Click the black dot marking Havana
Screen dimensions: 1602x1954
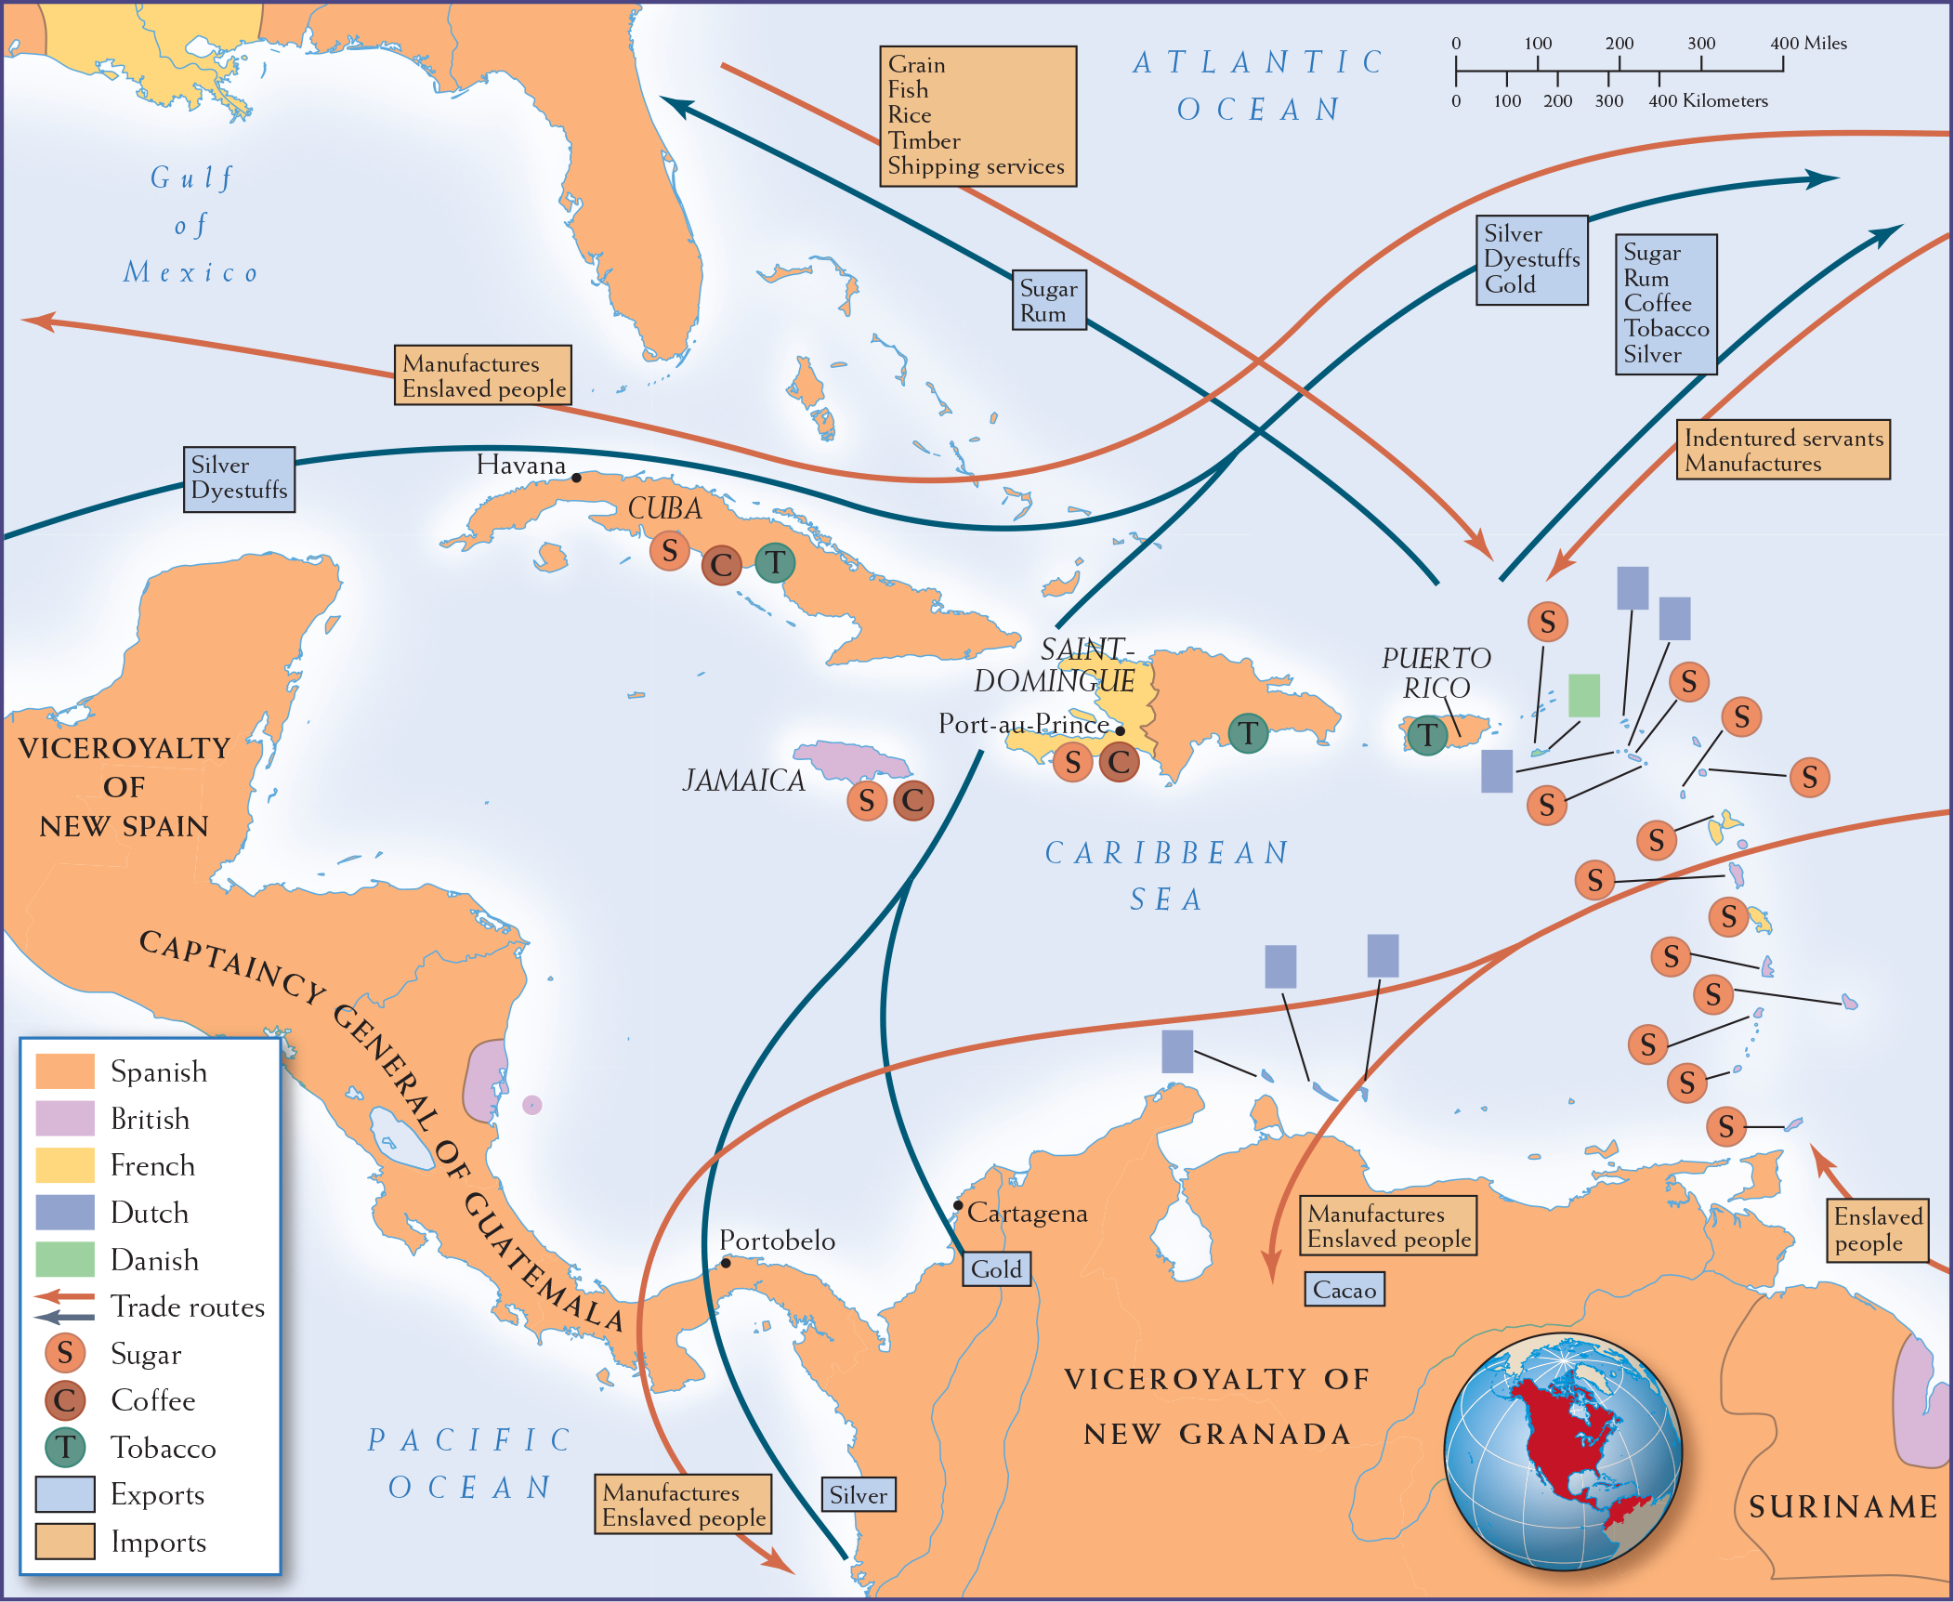576,478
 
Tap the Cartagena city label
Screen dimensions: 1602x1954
1027,1214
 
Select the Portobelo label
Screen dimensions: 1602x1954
777,1241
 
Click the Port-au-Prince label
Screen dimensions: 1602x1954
1023,724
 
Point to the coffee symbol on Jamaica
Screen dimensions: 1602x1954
912,800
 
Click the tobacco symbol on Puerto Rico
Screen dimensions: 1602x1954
1426,736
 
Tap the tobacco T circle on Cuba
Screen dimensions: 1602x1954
774,562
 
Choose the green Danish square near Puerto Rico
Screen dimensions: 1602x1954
1583,695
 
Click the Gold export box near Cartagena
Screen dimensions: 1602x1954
996,1269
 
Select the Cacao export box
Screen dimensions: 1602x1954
1344,1290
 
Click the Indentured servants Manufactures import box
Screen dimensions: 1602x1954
1782,451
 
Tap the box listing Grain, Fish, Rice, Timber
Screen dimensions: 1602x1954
977,116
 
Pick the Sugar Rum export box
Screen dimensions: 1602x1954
1048,301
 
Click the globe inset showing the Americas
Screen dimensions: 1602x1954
1563,1452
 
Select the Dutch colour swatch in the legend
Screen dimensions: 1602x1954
65,1213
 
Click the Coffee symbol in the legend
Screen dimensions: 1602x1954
65,1400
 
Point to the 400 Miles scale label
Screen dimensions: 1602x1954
1808,44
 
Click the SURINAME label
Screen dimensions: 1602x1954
1843,1506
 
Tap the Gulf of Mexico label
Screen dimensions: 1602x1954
191,225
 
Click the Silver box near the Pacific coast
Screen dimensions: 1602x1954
858,1495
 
